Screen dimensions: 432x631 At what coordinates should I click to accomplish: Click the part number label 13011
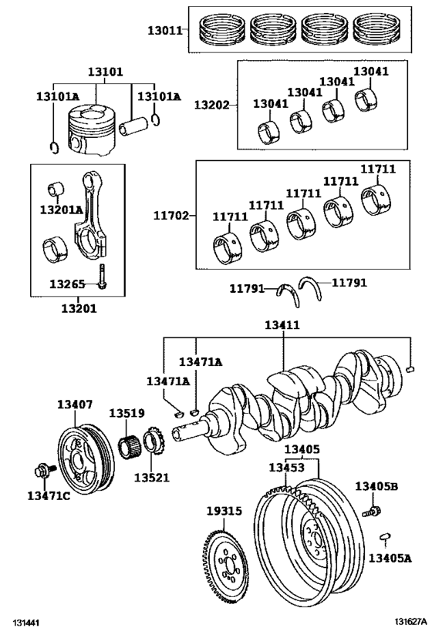pyautogui.click(x=165, y=30)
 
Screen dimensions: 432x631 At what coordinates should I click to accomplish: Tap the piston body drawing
pyautogui.click(x=92, y=129)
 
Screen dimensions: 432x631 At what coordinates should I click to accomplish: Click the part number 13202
pyautogui.click(x=211, y=105)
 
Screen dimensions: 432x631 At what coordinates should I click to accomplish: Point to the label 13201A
pyautogui.click(x=61, y=210)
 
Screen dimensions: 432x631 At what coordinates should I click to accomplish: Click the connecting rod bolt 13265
pyautogui.click(x=102, y=276)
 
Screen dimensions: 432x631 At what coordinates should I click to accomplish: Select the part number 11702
pyautogui.click(x=170, y=216)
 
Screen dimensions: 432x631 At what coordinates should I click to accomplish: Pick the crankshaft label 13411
pyautogui.click(x=282, y=325)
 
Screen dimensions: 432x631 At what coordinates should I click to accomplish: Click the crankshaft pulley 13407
pyautogui.click(x=85, y=456)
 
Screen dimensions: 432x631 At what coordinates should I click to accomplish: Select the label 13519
pyautogui.click(x=127, y=413)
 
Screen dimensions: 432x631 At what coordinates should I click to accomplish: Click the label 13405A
pyautogui.click(x=390, y=558)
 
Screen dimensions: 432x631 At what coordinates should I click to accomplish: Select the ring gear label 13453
pyautogui.click(x=286, y=467)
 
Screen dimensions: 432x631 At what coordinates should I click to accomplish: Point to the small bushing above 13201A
pyautogui.click(x=56, y=189)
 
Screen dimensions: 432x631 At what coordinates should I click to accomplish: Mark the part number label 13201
pyautogui.click(x=79, y=309)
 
